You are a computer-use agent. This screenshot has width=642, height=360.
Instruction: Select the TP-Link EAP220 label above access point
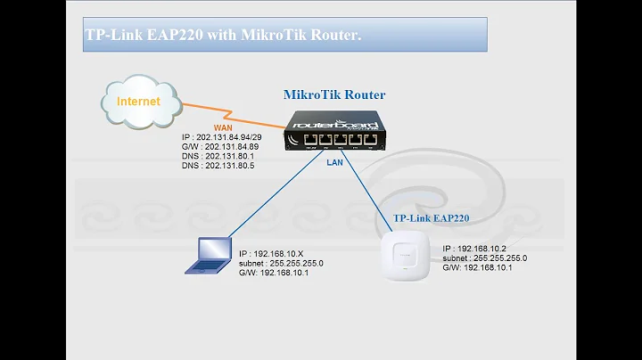tap(432, 217)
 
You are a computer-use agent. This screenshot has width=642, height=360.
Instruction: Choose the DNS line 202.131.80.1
tap(216, 156)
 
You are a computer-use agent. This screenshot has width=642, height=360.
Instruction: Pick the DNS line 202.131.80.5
tap(216, 166)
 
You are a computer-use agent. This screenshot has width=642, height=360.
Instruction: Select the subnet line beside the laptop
tap(281, 264)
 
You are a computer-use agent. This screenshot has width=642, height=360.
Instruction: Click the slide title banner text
tap(225, 37)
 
